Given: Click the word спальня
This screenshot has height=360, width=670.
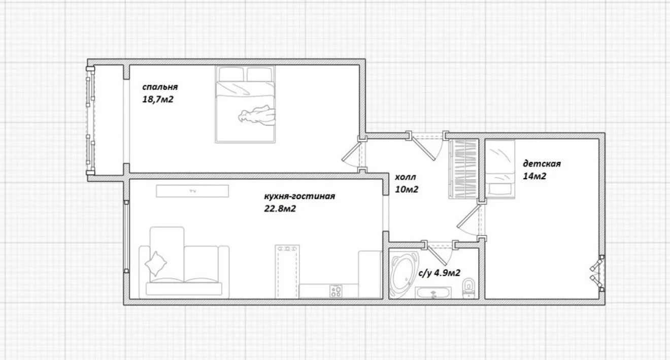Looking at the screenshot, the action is point(160,87).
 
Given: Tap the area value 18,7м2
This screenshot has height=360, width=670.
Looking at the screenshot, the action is point(158,99).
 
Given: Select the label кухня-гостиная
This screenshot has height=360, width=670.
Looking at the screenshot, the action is point(299,197).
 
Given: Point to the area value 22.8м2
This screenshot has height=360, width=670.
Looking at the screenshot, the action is point(280,208).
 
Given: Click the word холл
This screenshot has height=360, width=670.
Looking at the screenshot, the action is point(405,177).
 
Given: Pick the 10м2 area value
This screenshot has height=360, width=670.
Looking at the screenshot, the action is point(407,189).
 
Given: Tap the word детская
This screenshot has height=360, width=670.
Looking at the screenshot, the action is point(542,164).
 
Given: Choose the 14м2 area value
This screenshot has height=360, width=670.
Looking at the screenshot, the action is point(534,176).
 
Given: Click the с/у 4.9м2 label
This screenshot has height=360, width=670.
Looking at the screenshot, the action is point(439,273).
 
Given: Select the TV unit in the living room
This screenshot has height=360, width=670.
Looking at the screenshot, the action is point(192,191).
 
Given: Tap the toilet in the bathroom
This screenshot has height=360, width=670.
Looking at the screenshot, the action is point(468,288).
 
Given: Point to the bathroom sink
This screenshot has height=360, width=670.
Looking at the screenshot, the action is point(433,293).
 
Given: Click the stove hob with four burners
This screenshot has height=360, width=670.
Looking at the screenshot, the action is point(336,291).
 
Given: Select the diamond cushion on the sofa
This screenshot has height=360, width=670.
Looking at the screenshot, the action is point(156,264).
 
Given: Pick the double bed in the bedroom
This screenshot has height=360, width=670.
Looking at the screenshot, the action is point(245,104).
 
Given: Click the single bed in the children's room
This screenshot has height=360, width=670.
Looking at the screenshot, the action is point(500,169).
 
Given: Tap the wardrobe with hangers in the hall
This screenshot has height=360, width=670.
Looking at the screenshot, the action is point(463,169).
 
